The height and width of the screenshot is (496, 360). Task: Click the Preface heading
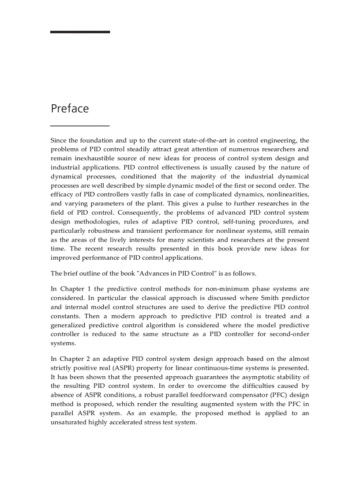[70, 109]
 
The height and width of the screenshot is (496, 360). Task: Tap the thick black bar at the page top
[80, 32]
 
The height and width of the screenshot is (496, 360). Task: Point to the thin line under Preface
[80, 126]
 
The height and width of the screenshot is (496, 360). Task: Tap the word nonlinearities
[286, 194]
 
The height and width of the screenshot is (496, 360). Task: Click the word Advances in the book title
[154, 273]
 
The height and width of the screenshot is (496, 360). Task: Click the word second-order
[287, 334]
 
